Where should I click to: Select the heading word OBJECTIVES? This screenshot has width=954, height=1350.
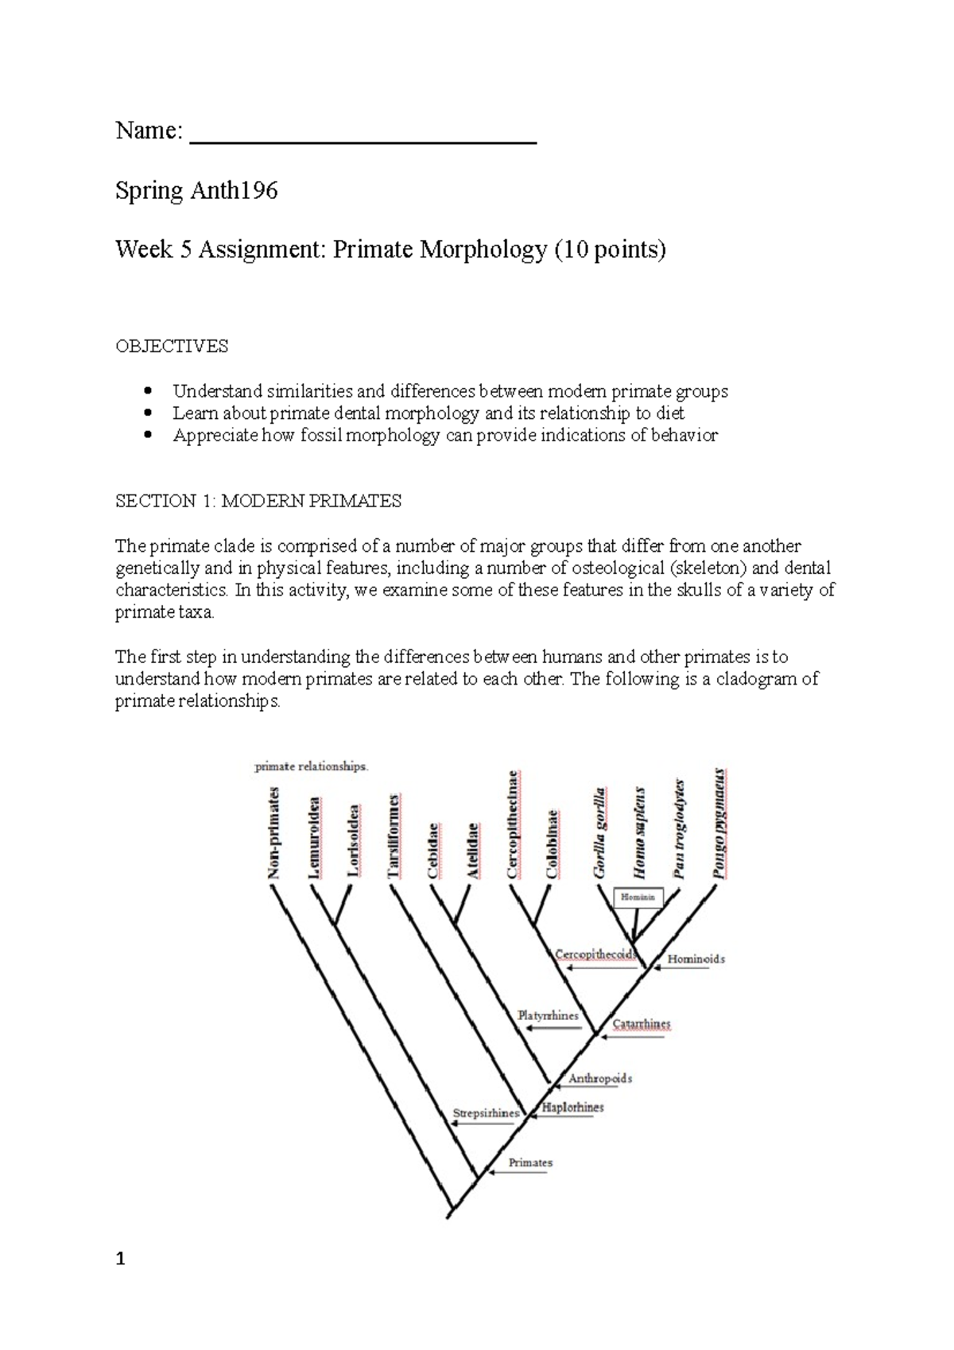(172, 347)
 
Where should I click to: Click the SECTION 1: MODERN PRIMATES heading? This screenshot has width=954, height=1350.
(258, 501)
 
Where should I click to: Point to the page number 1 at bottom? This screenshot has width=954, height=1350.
(120, 1259)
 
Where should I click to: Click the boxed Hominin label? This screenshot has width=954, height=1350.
(638, 898)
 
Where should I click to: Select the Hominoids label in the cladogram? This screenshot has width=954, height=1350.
(696, 959)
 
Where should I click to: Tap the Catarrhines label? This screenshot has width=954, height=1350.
(641, 1024)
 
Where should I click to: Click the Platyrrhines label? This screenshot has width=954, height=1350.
(548, 1015)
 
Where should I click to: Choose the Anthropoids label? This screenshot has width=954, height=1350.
(600, 1079)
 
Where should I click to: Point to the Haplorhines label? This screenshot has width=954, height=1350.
(572, 1107)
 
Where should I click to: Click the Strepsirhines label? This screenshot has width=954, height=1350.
(486, 1113)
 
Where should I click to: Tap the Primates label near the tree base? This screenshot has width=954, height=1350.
(530, 1162)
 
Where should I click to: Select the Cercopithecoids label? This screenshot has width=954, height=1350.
(595, 954)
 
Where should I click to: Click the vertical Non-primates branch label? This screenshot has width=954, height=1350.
(274, 832)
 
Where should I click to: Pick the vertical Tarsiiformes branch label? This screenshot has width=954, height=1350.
(394, 836)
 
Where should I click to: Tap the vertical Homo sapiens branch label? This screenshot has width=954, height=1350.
(640, 832)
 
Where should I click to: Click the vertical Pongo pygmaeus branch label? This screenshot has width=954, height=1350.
(719, 822)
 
